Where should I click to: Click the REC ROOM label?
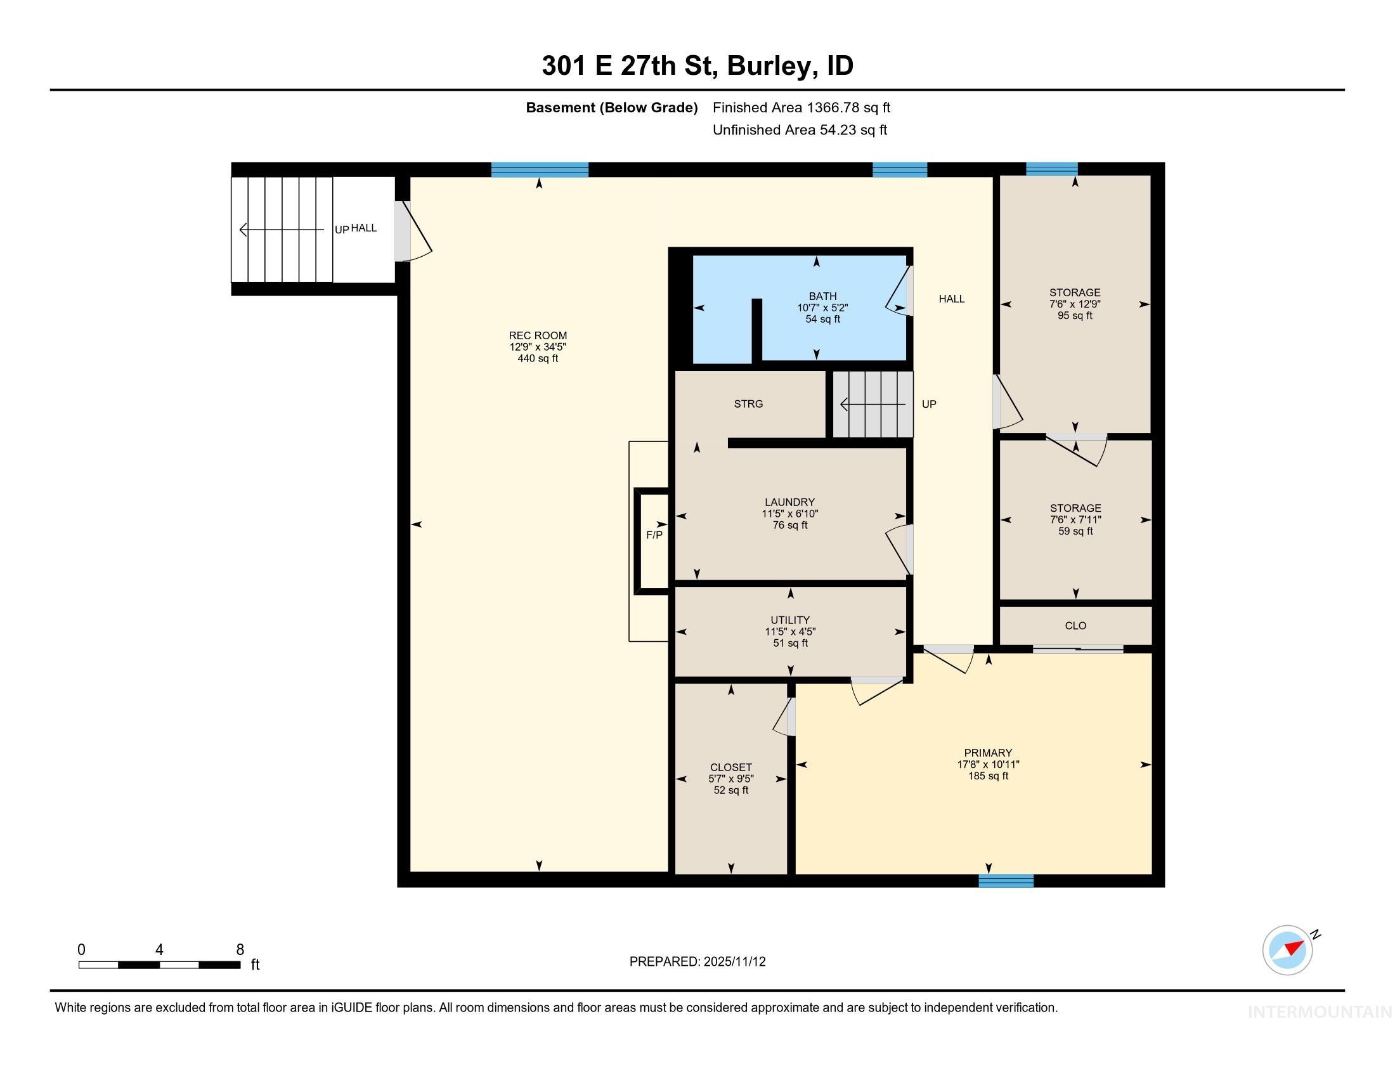coord(537,335)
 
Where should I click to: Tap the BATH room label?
coord(822,295)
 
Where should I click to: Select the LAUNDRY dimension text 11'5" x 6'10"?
coord(789,514)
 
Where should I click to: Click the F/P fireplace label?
coord(654,535)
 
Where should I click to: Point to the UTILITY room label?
coord(789,620)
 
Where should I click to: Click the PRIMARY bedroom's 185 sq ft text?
coord(987,776)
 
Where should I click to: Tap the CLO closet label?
coord(1075,625)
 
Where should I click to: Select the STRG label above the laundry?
coord(748,403)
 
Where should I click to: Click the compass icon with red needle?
coord(1287,950)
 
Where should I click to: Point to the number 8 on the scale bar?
coord(240,949)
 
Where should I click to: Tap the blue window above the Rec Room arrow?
coord(539,169)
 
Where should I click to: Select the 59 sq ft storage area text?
coord(1075,531)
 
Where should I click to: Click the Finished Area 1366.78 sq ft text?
coord(801,107)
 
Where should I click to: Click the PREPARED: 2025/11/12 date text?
coord(697,961)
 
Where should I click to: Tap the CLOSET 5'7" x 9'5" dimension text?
coord(730,779)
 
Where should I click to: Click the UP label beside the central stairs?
coord(929,403)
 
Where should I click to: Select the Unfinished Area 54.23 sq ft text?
coord(800,129)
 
